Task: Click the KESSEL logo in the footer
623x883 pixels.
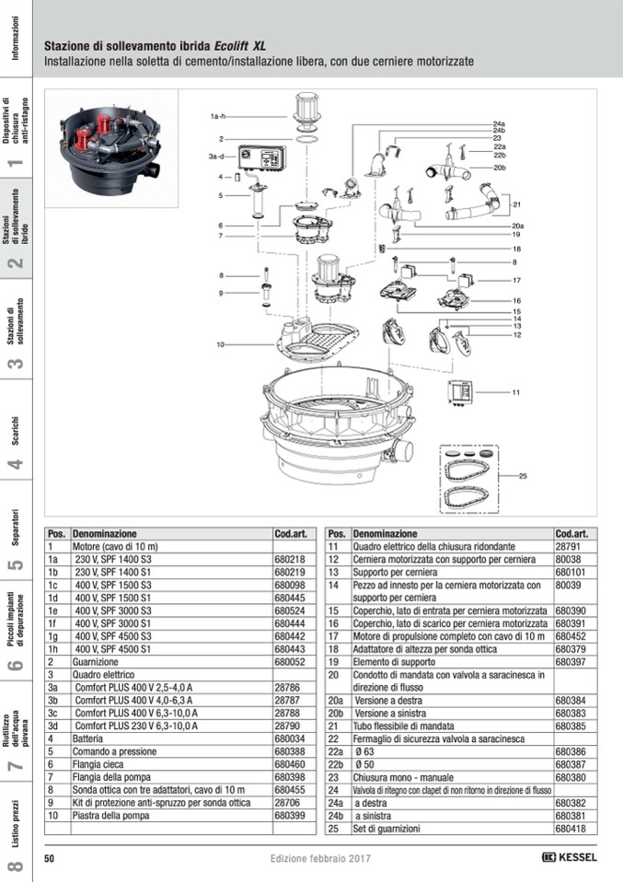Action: tap(570, 857)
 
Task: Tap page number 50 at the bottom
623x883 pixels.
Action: tap(50, 857)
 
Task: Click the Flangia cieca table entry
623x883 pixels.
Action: tap(98, 764)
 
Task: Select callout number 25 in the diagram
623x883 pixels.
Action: tap(523, 476)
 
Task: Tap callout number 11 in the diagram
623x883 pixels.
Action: tap(516, 392)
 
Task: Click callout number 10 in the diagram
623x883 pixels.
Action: tap(221, 344)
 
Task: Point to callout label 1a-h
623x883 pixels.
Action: tap(218, 117)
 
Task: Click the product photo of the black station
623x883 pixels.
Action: tap(111, 148)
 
